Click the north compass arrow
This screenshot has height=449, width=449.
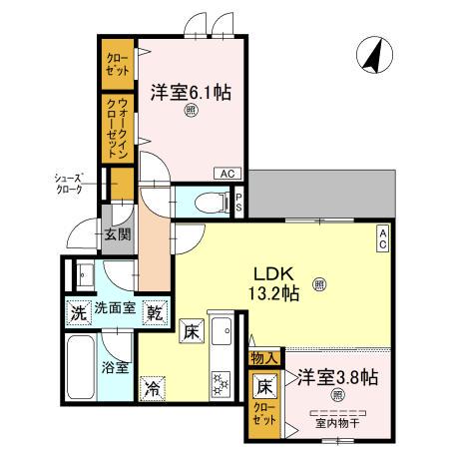coord(373,54)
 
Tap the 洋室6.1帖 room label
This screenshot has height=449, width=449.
coord(192,92)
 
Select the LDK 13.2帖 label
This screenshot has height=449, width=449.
coord(276,282)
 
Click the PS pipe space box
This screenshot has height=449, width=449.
coord(239,201)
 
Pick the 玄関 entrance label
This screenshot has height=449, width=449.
coord(116,235)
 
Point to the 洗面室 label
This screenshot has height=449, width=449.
coord(115,311)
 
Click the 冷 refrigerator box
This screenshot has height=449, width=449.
coord(153,387)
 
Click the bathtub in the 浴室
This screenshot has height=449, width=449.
coord(81,366)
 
